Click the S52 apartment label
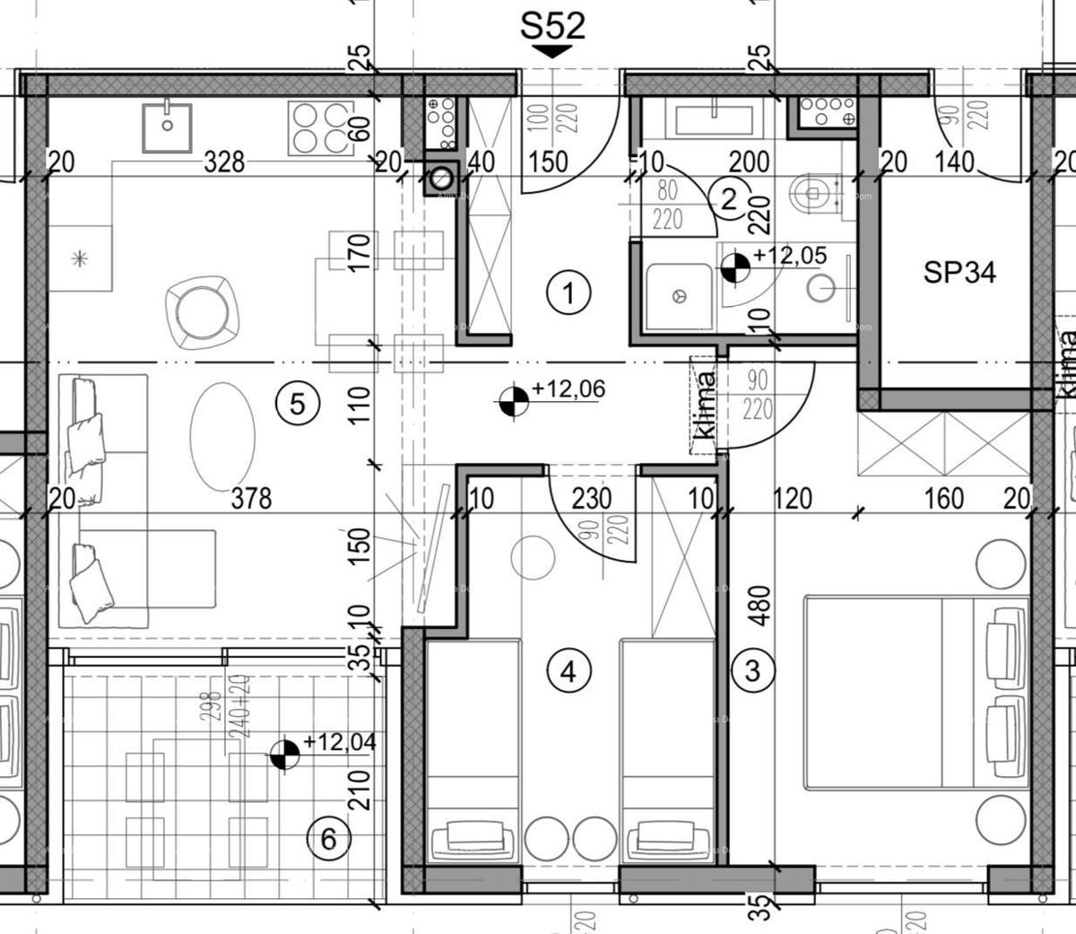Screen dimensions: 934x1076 [x=552, y=25]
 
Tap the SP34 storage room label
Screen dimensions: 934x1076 [x=959, y=272]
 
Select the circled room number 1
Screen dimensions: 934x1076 [x=569, y=292]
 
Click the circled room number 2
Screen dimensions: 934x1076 [x=728, y=198]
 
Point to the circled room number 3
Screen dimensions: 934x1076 [x=753, y=669]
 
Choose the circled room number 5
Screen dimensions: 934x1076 [x=298, y=403]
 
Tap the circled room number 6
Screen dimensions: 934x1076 [x=327, y=840]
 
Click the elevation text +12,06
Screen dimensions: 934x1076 [x=568, y=389]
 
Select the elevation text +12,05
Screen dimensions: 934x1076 [x=790, y=256]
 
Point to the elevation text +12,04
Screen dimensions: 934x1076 [x=339, y=742]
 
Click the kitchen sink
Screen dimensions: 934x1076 [x=167, y=127]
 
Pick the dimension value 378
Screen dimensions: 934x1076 [x=251, y=497]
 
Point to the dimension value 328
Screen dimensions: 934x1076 [x=224, y=161]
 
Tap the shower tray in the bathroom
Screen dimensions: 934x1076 [x=679, y=295]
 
